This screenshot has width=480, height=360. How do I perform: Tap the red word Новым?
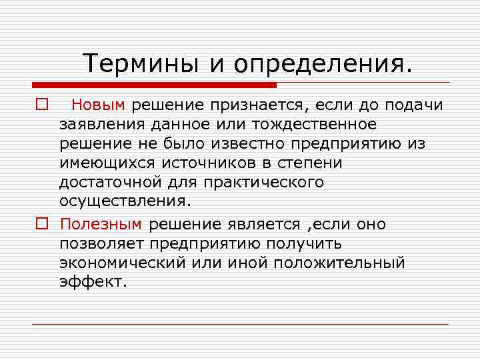[x=99, y=105]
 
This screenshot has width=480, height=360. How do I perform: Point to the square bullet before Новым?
[x=41, y=105]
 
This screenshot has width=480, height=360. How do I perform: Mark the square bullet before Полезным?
[x=41, y=225]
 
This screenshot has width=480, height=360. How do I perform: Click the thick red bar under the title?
[x=154, y=85]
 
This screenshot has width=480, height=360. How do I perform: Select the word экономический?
[x=119, y=263]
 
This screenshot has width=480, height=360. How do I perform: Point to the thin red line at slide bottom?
[x=240, y=324]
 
